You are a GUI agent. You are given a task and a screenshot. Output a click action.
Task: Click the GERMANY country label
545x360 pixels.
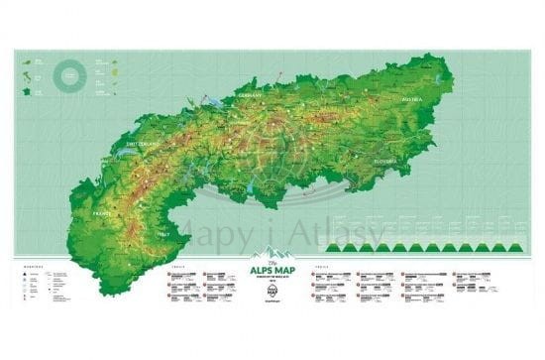click(x=249, y=96)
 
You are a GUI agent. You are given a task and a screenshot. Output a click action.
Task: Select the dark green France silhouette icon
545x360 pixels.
click(x=26, y=90)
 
